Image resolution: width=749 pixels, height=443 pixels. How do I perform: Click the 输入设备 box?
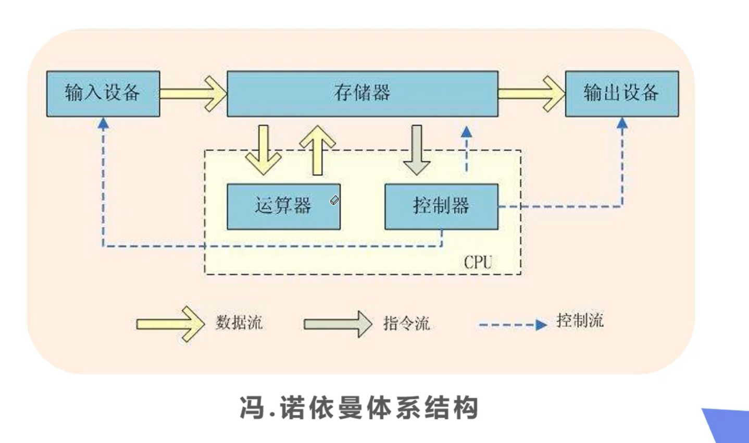coord(103,94)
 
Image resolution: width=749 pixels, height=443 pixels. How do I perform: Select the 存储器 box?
coord(363,94)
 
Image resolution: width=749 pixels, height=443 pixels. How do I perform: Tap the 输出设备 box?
coord(622,94)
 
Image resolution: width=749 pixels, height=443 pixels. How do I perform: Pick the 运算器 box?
coord(283,206)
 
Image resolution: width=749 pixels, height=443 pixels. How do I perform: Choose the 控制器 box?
coord(441,206)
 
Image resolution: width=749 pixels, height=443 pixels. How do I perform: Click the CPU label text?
coord(478,262)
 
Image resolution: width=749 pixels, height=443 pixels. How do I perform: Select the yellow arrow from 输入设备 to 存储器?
coord(193,94)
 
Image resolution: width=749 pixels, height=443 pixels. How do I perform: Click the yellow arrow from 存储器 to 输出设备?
coord(531,94)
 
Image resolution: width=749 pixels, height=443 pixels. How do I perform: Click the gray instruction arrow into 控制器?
coord(417,150)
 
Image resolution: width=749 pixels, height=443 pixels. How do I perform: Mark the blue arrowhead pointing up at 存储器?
coord(467,131)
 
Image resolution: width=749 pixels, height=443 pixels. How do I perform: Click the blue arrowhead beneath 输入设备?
coord(103,124)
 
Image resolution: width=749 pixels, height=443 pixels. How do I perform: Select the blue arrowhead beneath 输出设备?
coord(622,124)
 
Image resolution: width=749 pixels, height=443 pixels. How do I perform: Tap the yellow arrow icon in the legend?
coord(170,324)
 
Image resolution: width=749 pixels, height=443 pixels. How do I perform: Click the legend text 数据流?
coord(239,323)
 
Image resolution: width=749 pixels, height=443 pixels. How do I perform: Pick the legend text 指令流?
coord(406,323)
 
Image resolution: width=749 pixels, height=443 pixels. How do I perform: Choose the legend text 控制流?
coord(580,320)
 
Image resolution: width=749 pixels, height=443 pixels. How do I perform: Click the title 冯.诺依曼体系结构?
coord(359,408)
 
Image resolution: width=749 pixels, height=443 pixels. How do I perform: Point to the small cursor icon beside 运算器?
coord(334,200)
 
